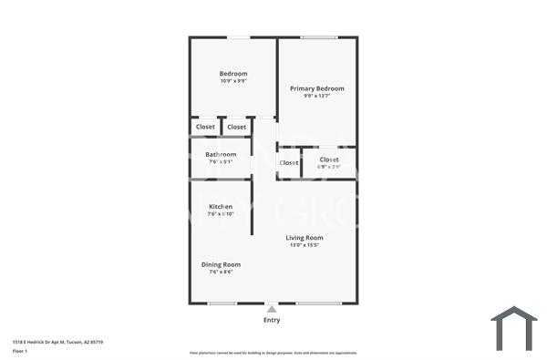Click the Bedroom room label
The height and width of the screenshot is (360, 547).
(x=233, y=74)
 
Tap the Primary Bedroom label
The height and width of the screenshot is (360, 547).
(x=317, y=88)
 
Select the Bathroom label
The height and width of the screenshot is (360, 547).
(x=221, y=154)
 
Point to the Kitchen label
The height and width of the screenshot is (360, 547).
(x=221, y=207)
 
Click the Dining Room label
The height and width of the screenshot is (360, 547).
(x=221, y=264)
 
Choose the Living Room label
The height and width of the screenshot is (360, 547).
(x=304, y=238)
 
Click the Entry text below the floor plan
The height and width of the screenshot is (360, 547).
(x=272, y=320)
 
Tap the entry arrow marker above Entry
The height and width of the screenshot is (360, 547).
(x=272, y=309)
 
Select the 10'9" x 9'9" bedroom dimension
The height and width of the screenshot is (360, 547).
(x=233, y=81)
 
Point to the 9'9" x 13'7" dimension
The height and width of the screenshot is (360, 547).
(x=317, y=96)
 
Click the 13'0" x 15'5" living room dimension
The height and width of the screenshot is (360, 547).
(x=304, y=245)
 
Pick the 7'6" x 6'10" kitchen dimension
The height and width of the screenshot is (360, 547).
(x=221, y=214)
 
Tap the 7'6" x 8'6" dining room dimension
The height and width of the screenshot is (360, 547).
(x=221, y=272)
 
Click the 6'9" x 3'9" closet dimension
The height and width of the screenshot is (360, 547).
(x=329, y=167)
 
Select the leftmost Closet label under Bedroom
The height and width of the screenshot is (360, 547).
(x=205, y=127)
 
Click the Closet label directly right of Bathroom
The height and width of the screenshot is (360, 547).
(x=289, y=162)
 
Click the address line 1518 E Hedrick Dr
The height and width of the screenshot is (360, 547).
(x=57, y=342)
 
